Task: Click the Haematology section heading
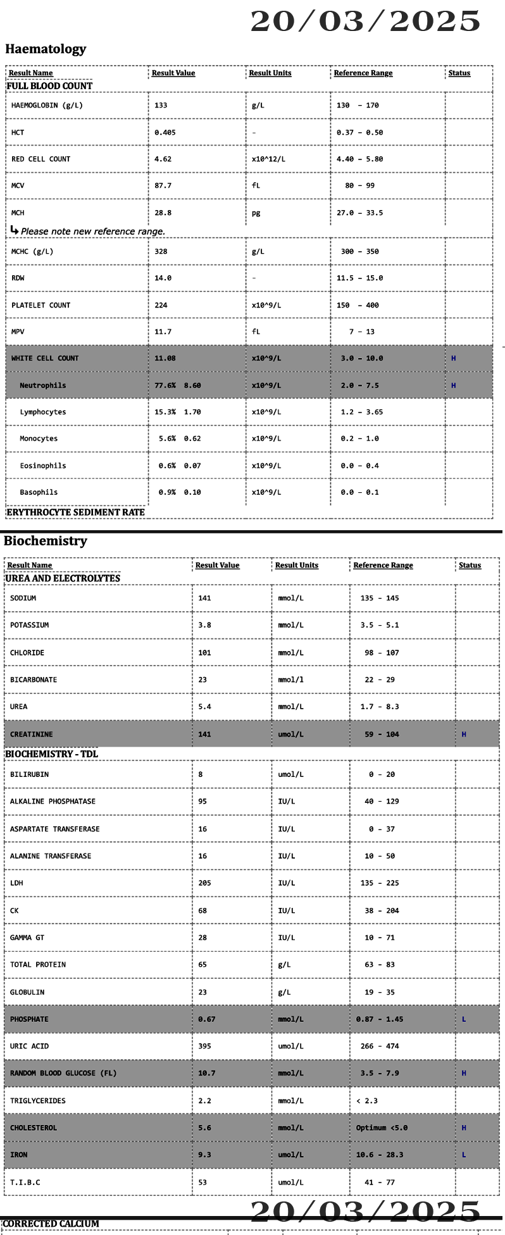(46, 49)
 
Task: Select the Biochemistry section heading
(46, 541)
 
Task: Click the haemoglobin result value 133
(161, 106)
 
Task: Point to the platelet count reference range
(358, 305)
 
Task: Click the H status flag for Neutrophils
(453, 385)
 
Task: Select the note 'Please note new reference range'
(92, 232)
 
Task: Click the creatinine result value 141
(204, 735)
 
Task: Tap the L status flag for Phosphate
(464, 1019)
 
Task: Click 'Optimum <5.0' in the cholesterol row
(382, 1127)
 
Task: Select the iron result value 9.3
(204, 1155)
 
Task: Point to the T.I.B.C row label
(25, 1182)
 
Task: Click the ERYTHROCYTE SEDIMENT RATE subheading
(75, 512)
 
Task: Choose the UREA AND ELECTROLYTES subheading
(63, 578)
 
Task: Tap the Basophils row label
(39, 492)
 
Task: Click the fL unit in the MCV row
(256, 186)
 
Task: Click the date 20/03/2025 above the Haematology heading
(365, 22)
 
